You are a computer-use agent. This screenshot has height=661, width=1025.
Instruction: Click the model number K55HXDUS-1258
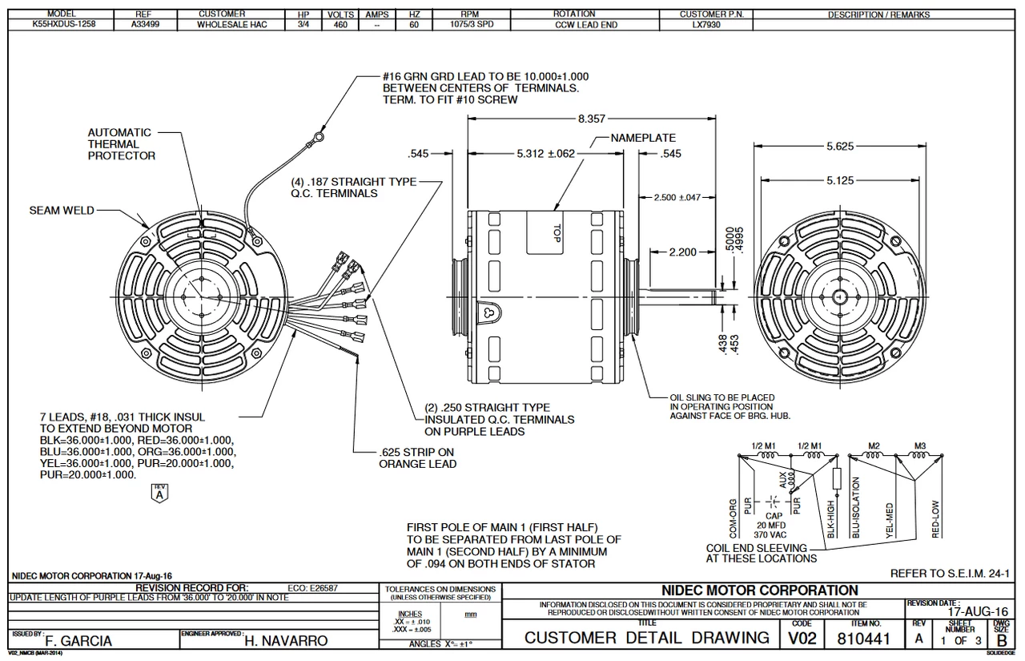click(x=62, y=25)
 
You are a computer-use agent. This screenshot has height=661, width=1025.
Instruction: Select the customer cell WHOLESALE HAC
click(x=232, y=25)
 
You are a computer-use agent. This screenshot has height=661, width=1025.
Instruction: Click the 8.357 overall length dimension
click(x=591, y=119)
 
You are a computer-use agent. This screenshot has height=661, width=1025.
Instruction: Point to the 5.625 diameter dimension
click(x=840, y=146)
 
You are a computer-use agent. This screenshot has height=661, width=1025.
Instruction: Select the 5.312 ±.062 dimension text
click(x=547, y=154)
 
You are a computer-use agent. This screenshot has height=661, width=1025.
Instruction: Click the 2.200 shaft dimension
click(x=682, y=252)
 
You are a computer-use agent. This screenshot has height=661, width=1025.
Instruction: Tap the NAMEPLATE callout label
click(x=643, y=138)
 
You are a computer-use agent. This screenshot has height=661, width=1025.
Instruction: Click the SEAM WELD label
click(x=62, y=210)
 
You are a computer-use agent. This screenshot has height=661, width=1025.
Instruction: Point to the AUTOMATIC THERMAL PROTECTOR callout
click(x=121, y=144)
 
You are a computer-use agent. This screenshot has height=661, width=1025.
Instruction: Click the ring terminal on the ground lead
click(x=320, y=139)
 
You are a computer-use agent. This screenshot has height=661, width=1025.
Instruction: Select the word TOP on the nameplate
click(x=556, y=232)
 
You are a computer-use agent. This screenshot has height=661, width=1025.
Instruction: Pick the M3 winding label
click(x=921, y=445)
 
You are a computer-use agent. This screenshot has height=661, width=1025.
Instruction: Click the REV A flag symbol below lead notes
click(x=158, y=493)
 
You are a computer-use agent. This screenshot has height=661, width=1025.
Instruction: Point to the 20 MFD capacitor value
click(x=772, y=523)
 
